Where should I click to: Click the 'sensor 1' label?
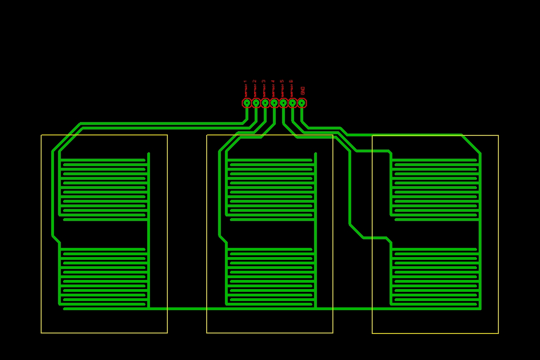tap(246, 88)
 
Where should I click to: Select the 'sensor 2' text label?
tap(255, 88)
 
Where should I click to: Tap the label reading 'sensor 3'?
tap(264, 88)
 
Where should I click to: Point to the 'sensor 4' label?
tap(273, 88)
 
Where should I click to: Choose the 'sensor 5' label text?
tap(282, 88)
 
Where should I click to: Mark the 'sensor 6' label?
tap(291, 88)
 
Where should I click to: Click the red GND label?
tap(302, 91)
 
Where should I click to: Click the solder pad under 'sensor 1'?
tap(247, 103)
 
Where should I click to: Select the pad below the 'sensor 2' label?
tap(256, 103)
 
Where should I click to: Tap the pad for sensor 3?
tap(265, 103)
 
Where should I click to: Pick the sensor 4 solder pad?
tap(274, 103)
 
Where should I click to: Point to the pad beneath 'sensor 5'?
tap(283, 103)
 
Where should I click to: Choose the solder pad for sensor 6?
tap(293, 103)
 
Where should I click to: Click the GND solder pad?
tap(302, 103)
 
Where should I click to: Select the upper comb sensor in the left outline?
tap(104, 188)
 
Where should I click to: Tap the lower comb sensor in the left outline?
tap(104, 277)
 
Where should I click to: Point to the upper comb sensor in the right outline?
tap(436, 188)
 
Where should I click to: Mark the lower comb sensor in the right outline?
tap(436, 277)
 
